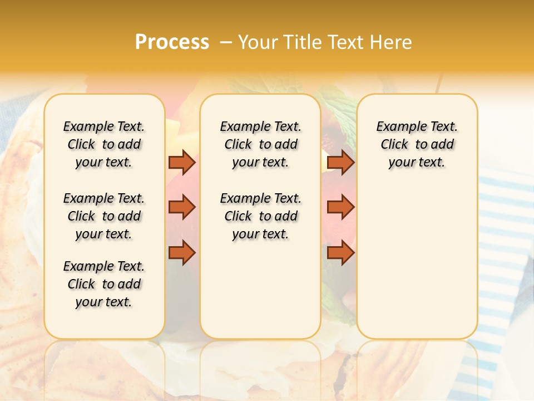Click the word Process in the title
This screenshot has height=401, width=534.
pyautogui.click(x=172, y=42)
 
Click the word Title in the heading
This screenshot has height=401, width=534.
pyautogui.click(x=299, y=42)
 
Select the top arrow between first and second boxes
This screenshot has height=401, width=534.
pyautogui.click(x=182, y=163)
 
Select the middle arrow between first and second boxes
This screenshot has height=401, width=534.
pyautogui.click(x=182, y=207)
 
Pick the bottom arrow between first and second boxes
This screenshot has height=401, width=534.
pyautogui.click(x=182, y=252)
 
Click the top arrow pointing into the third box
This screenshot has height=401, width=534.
pyautogui.click(x=340, y=163)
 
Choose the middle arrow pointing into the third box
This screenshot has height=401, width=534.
pyautogui.click(x=340, y=207)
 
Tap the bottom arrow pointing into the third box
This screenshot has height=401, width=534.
pyautogui.click(x=340, y=252)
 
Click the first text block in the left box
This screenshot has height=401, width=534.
pyautogui.click(x=104, y=144)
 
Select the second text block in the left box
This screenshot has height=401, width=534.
pyautogui.click(x=104, y=216)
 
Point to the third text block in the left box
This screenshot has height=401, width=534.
pyautogui.click(x=104, y=284)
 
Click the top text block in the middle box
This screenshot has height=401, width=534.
pyautogui.click(x=260, y=144)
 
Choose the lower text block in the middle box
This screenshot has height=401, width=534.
pyautogui.click(x=260, y=216)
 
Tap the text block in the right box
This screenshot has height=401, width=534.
pyautogui.click(x=417, y=144)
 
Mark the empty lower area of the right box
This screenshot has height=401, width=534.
pyautogui.click(x=417, y=262)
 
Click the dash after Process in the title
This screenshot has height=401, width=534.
pyautogui.click(x=226, y=42)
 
